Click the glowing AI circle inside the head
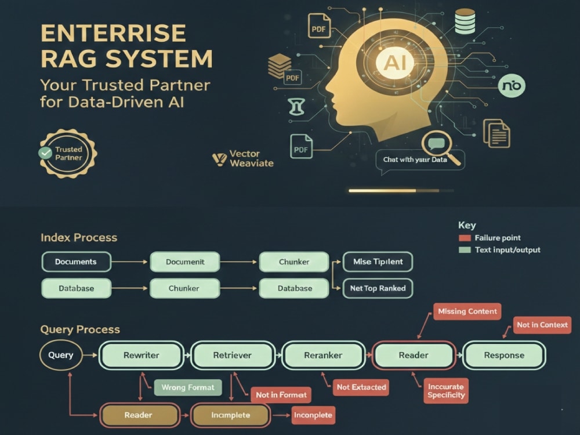pos(396,62)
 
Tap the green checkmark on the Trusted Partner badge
pos(45,153)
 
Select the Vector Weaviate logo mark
pos(219,159)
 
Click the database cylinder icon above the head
pos(465,21)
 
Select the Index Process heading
pos(79,237)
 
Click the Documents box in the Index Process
pos(76,262)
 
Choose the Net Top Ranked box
pos(378,288)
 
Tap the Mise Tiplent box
pos(378,262)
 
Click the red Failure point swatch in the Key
pos(465,238)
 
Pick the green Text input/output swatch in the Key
pos(465,249)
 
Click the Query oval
pos(61,355)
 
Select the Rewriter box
pos(142,355)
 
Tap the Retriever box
pos(233,355)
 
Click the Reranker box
pos(323,355)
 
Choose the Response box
pos(504,355)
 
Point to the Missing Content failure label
pos(467,311)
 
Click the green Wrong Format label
pos(188,387)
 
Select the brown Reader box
pos(139,415)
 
